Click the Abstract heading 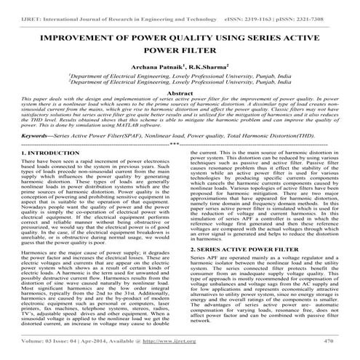click(x=180, y=92)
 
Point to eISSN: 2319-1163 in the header click(x=256, y=6)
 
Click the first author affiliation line click(x=180, y=74)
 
